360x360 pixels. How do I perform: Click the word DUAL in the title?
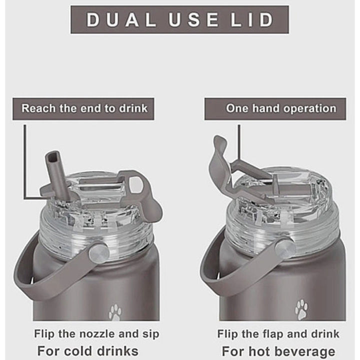pos(121,19)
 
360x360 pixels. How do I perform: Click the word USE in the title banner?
pos(193,19)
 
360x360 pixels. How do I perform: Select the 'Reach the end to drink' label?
pos(84,108)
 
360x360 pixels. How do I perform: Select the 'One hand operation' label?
pos(281,108)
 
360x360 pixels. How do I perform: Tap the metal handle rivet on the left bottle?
pos(99,253)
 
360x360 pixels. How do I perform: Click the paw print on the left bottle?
pos(115,312)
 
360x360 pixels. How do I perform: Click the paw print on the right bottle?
pos(301,309)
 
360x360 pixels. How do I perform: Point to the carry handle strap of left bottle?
pos(46,275)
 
